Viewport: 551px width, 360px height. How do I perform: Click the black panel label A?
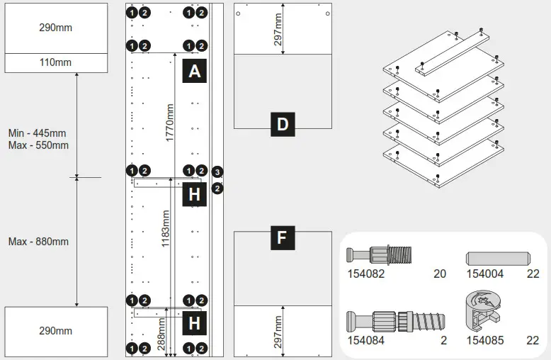195,72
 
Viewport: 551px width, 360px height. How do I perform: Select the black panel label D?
283,125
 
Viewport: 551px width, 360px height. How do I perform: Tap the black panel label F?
282,238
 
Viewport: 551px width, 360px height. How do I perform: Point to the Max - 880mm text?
38,242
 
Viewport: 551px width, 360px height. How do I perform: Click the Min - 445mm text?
37,133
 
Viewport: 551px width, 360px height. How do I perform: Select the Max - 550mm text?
38,145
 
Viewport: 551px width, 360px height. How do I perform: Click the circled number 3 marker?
217,172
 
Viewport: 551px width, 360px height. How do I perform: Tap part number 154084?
365,340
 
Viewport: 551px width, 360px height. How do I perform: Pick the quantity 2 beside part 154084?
444,340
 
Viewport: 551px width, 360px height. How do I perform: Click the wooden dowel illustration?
498,257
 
